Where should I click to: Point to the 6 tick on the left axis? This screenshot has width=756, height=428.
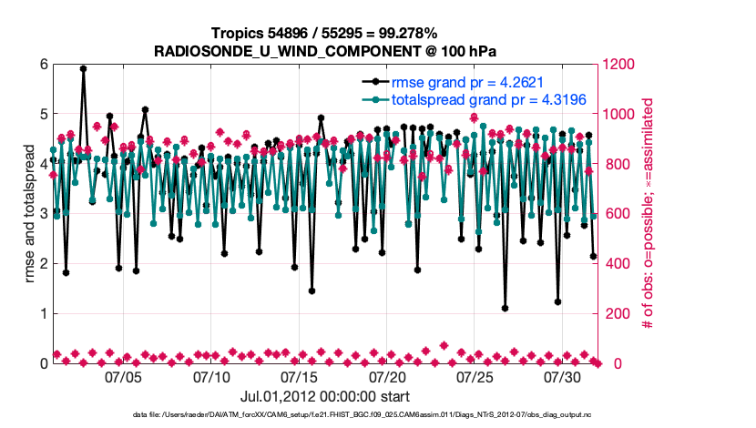43,65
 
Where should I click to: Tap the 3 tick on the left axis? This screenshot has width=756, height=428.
43,214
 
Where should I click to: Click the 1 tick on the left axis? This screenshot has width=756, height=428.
43,313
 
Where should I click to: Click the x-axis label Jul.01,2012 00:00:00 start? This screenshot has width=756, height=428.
325,396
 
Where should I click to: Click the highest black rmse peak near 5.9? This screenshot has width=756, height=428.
83,68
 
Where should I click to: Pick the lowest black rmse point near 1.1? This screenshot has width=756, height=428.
505,309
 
